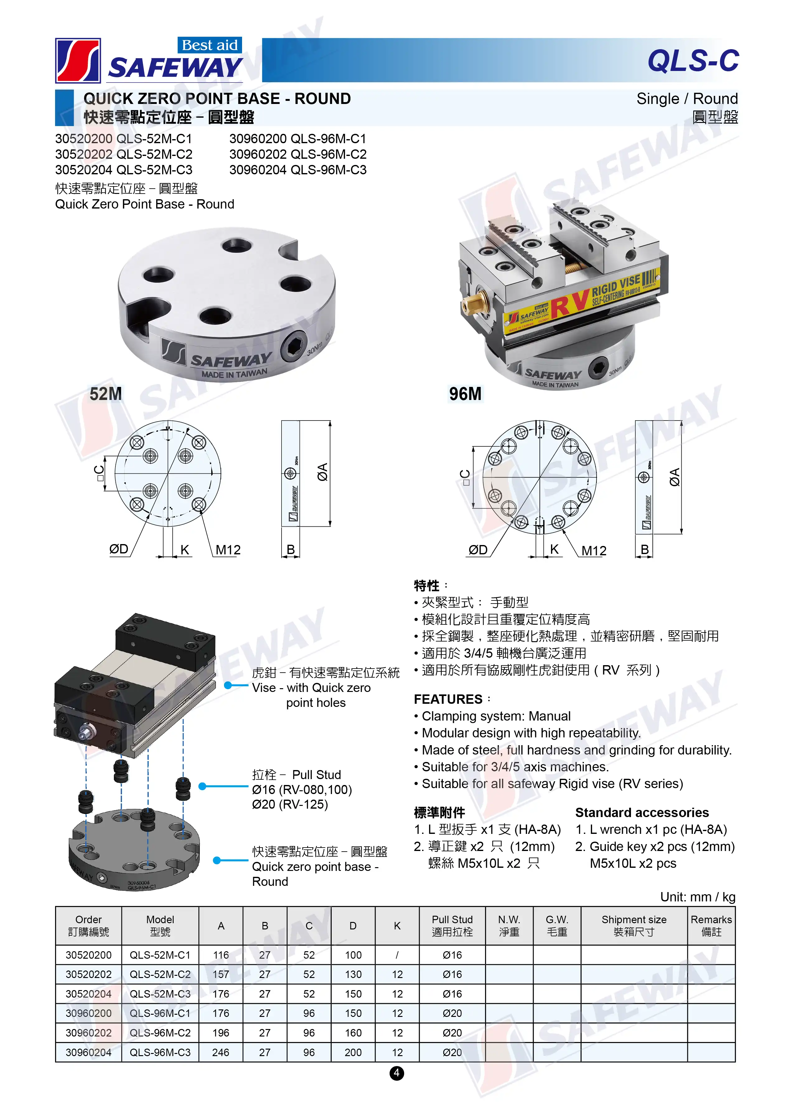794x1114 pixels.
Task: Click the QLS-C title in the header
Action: coord(693,61)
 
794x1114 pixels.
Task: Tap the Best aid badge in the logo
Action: coord(210,45)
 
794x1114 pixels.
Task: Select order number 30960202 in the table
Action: coord(88,1032)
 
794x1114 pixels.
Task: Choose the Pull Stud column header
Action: coord(452,925)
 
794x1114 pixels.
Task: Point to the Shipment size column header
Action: coord(634,925)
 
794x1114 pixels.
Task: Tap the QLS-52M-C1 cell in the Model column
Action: coord(160,955)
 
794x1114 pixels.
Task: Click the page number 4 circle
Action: coord(397,1073)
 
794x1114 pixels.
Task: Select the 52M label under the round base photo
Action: coord(105,394)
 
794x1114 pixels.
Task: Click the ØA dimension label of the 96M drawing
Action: coord(675,477)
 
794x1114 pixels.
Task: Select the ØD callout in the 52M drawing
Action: coord(119,549)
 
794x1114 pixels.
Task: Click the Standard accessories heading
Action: coord(642,812)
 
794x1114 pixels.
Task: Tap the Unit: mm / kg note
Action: coord(698,896)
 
